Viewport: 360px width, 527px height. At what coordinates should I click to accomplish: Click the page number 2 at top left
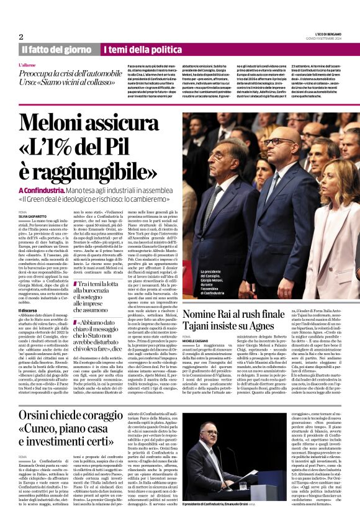tap(21, 37)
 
